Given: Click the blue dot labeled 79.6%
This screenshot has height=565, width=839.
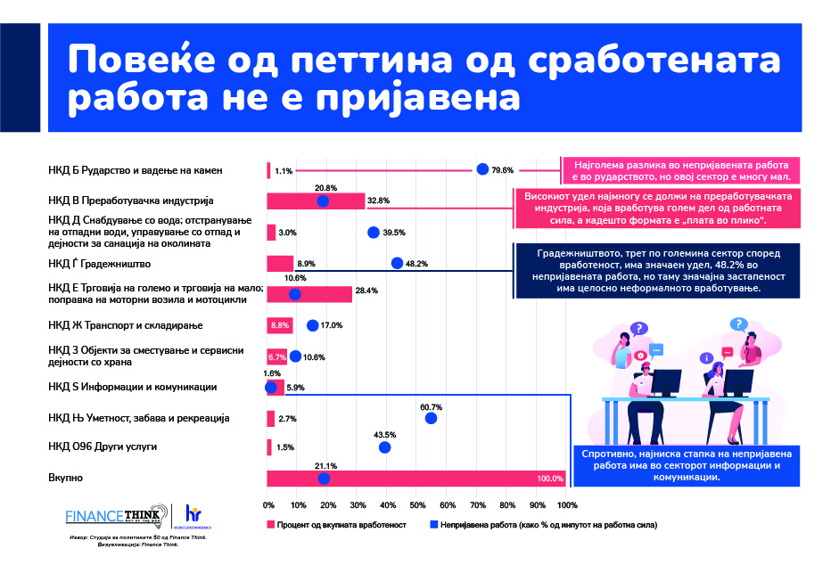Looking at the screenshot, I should [x=482, y=169].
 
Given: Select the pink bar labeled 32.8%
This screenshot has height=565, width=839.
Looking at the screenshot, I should [x=316, y=201].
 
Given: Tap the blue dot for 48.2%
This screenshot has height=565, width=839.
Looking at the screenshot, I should [x=397, y=262].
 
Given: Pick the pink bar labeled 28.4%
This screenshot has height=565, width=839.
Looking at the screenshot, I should [x=309, y=294].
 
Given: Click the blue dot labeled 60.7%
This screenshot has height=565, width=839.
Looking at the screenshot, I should [x=431, y=418].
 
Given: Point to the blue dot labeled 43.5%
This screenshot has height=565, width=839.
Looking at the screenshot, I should [x=385, y=447].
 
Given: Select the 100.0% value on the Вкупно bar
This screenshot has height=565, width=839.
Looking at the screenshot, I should [x=550, y=479].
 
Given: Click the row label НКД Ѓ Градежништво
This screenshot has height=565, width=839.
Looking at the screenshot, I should [x=100, y=264].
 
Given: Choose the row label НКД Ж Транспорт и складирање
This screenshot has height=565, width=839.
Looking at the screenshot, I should [x=127, y=325].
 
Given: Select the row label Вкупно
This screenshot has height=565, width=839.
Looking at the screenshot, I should [x=65, y=479].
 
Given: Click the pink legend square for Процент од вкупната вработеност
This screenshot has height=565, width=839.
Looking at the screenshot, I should [x=270, y=525].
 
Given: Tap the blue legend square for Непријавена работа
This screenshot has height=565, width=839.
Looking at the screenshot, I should [x=434, y=525].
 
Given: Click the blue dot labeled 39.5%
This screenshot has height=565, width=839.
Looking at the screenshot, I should [x=373, y=233].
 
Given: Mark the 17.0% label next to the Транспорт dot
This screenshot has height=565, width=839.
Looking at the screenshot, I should [x=332, y=325].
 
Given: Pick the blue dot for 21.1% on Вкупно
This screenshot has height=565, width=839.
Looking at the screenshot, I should [x=324, y=479].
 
